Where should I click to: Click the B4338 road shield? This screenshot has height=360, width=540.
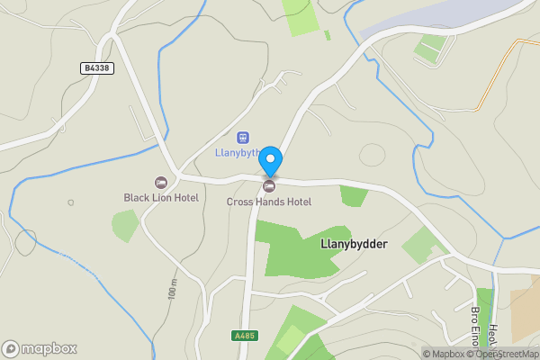pos(97,67)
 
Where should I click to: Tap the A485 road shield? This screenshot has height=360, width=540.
pos(244,336)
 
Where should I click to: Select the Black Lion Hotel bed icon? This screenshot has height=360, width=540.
pos(161,183)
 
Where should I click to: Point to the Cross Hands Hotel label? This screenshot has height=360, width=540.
pos(269,202)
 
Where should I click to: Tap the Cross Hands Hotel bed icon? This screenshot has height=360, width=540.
pos(269,185)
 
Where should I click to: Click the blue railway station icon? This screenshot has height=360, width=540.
pos(242,138)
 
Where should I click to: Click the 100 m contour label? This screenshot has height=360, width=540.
pos(172,289)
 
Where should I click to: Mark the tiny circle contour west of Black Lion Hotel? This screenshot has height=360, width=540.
pos(71,202)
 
